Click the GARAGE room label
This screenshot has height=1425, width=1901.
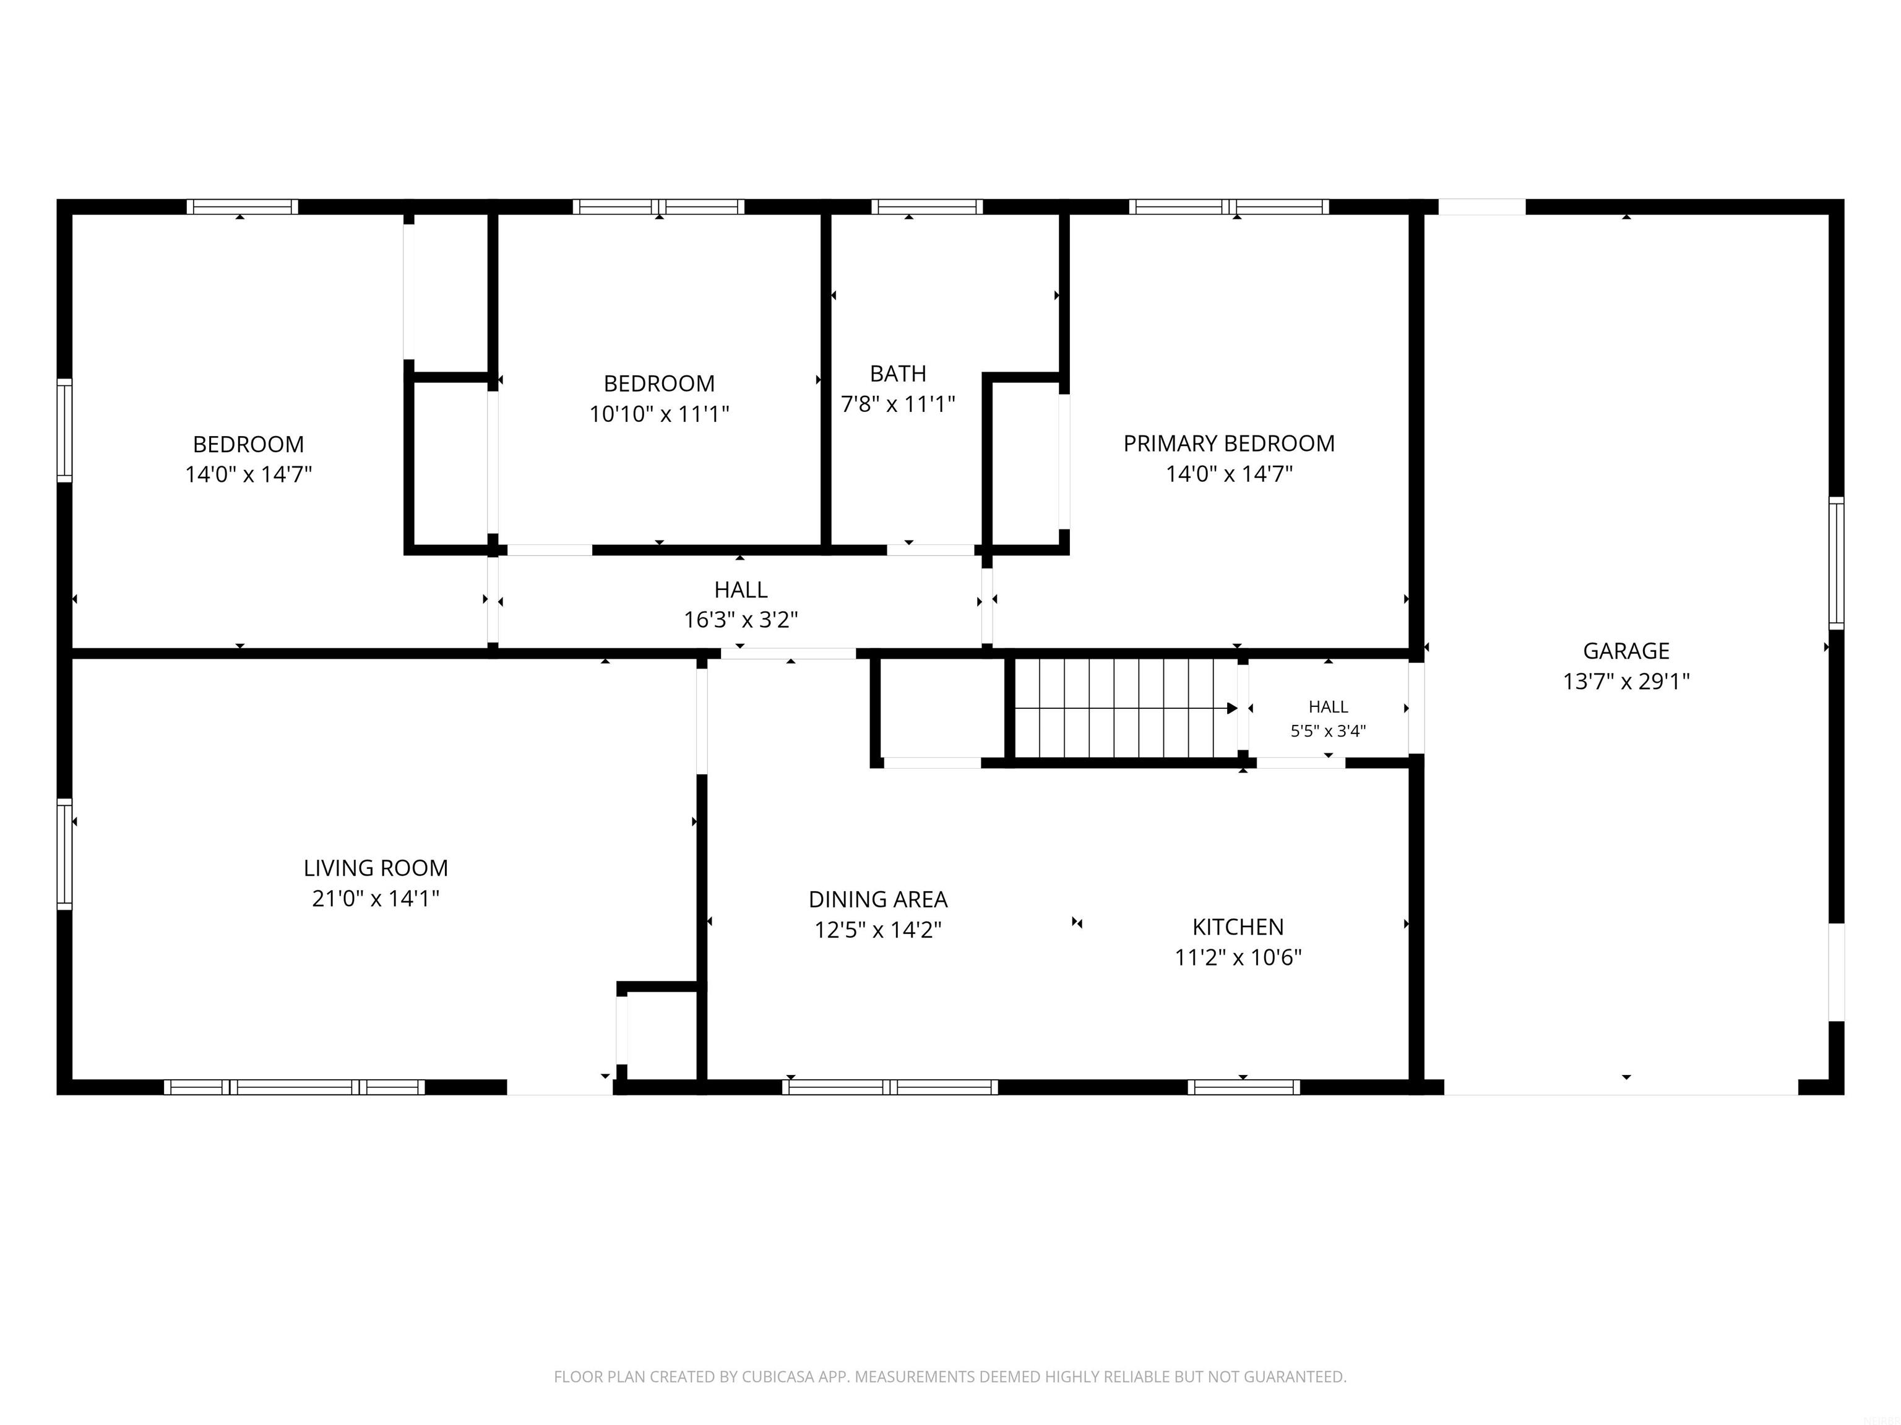click(x=1626, y=651)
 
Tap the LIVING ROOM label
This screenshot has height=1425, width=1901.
click(x=376, y=868)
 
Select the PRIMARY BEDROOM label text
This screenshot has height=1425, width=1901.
click(x=1229, y=444)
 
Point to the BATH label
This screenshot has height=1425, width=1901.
click(x=898, y=374)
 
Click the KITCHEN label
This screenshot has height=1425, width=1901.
click(x=1238, y=927)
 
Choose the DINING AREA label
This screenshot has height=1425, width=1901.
click(x=878, y=899)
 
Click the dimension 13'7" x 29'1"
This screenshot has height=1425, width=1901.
click(x=1626, y=681)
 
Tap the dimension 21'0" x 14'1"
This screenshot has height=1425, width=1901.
click(x=376, y=899)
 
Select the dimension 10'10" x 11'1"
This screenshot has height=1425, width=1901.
click(x=659, y=414)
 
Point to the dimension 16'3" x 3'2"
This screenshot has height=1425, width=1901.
click(x=741, y=619)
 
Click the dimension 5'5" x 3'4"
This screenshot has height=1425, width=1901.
click(x=1328, y=731)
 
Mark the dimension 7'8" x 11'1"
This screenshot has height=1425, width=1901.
click(x=898, y=404)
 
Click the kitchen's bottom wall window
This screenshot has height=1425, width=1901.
click(x=1244, y=1087)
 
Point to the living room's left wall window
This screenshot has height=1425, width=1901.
click(x=64, y=854)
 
